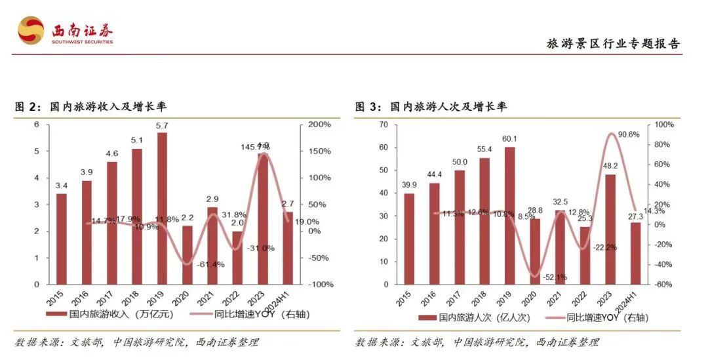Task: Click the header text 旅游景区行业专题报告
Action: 614,44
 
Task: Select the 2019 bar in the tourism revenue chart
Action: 162,209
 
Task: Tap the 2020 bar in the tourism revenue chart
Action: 187,255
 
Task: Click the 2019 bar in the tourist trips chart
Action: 509,216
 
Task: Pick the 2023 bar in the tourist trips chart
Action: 610,230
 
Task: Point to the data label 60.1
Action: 509,139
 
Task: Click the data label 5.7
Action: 162,125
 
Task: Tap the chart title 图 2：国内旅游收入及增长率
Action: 97,107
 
